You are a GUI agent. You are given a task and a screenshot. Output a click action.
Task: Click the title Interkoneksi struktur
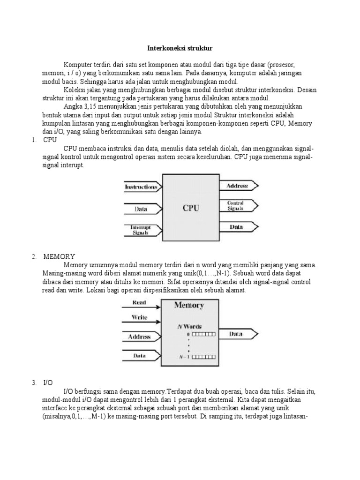point(180,48)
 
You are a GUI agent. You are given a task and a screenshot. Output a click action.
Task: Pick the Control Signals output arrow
point(237,206)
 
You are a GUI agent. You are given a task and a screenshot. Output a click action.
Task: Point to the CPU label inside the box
point(191,208)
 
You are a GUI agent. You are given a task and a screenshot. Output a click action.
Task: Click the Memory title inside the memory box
point(189,306)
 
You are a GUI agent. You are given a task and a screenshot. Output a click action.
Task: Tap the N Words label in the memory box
point(189,326)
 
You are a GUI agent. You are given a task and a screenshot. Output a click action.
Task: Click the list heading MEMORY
point(59,256)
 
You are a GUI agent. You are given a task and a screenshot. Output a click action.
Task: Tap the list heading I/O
point(48,382)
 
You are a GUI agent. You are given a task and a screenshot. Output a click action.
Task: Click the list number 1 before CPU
point(34,140)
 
